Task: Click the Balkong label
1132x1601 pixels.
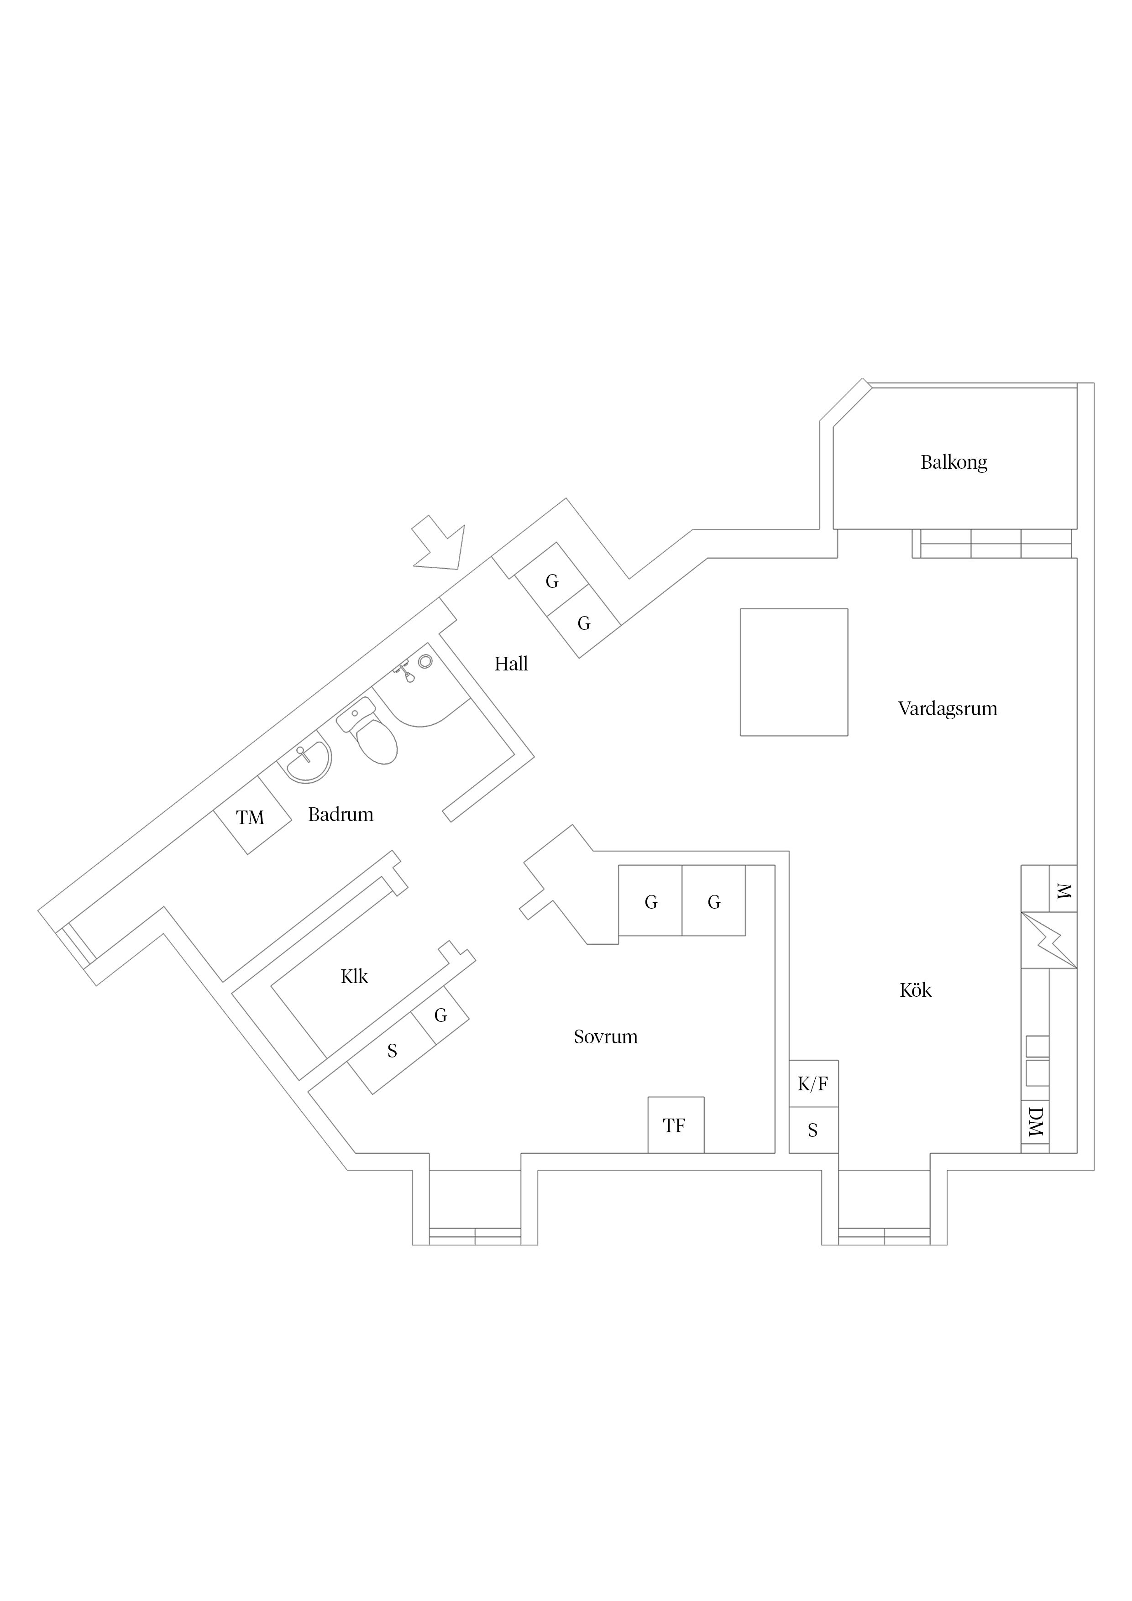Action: (954, 462)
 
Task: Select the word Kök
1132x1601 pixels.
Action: (915, 990)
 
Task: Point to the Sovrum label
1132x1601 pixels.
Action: (605, 1037)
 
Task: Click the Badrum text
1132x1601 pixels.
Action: (341, 815)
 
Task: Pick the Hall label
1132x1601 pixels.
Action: (511, 664)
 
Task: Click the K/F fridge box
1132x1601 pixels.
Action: (813, 1083)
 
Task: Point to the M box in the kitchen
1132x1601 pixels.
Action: (1063, 889)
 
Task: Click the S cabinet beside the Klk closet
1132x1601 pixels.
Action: (392, 1051)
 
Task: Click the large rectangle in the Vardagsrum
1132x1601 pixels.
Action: (794, 672)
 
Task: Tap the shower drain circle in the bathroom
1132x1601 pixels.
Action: (425, 662)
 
